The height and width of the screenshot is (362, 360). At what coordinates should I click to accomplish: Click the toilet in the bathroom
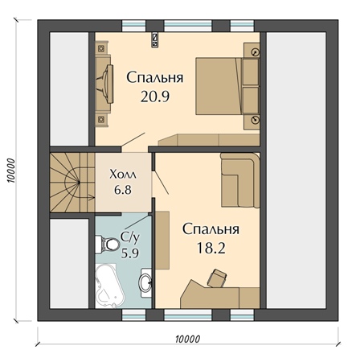click(108, 244)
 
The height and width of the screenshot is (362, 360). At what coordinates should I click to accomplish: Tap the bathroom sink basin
click(145, 282)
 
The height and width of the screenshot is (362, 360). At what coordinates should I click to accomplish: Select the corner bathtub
click(109, 286)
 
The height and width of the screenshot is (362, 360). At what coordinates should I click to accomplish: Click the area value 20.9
click(155, 97)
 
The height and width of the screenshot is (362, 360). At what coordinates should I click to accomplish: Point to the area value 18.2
click(211, 248)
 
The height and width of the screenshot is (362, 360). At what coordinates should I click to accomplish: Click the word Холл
click(123, 175)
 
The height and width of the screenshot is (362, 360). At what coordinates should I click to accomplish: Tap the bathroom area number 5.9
click(130, 253)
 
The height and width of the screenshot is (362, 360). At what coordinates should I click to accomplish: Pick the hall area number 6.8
click(123, 190)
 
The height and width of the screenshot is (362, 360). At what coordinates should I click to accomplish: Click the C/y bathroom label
click(130, 237)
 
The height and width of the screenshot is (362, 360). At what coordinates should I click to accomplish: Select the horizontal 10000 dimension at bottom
click(188, 339)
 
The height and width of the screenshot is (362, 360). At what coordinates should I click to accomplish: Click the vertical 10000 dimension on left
click(11, 171)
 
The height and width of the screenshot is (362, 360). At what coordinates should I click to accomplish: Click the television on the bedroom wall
click(107, 84)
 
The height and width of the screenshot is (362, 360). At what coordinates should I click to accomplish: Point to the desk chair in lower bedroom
click(217, 278)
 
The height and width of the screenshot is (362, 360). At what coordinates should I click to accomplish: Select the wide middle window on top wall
click(188, 26)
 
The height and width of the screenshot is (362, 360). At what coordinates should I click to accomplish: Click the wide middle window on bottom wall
click(188, 315)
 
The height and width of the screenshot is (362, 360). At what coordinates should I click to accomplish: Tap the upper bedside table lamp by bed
click(256, 52)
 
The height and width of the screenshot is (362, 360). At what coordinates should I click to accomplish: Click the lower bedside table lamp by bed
click(256, 119)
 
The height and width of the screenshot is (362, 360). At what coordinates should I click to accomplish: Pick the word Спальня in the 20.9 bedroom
click(155, 78)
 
